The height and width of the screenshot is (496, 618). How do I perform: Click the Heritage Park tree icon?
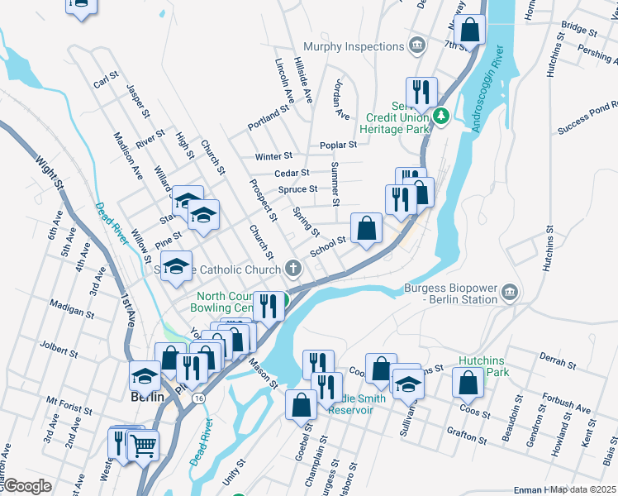441,115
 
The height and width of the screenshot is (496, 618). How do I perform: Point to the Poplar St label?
340,145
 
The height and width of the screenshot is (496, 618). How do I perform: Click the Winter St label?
273,156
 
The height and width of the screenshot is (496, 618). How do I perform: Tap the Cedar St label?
292,174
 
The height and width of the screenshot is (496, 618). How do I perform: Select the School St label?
327,246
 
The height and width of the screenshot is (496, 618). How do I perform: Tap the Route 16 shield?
197,398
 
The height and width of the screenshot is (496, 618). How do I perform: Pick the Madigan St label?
72,308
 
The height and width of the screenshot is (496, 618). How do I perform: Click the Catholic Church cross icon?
292,268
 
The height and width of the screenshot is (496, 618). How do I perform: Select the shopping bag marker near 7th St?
470,31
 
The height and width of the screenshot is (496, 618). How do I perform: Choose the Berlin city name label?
149,398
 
